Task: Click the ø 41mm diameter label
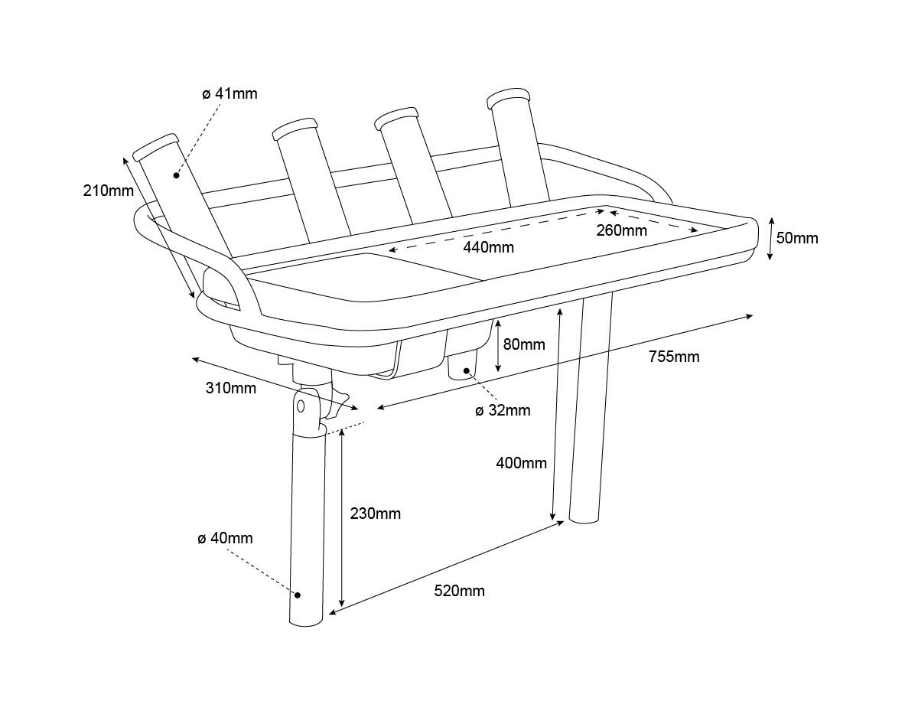pos(230,93)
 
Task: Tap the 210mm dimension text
pos(109,191)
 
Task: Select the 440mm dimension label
pos(488,247)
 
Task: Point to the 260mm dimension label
pos(621,230)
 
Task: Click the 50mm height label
pos(797,238)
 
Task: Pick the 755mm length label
pos(674,357)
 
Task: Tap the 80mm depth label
pos(524,344)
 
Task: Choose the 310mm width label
pos(231,388)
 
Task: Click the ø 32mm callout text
pos(503,410)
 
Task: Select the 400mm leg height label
pos(521,463)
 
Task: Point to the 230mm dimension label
pos(376,513)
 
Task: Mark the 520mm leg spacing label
pos(460,591)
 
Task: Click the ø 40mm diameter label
pos(225,538)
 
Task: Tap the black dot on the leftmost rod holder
pos(176,175)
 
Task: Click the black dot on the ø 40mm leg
pos(298,595)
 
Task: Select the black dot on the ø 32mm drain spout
pos(467,370)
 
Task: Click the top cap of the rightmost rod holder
pos(508,98)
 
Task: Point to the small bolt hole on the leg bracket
pos(301,406)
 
